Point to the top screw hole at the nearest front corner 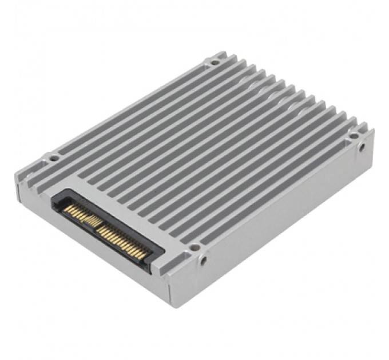point(194,247)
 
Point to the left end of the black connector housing point(55,200)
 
